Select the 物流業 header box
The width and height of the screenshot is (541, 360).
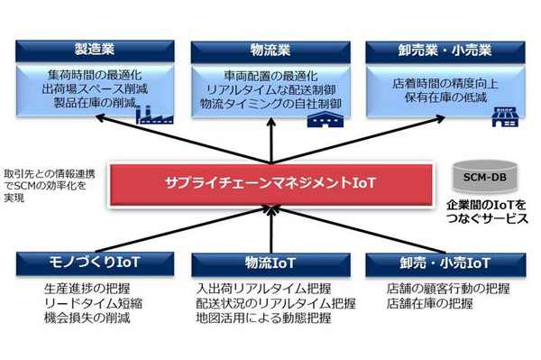coord(270,48)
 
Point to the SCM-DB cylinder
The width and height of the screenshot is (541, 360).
coord(486,171)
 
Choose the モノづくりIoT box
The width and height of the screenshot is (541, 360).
coord(89,262)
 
